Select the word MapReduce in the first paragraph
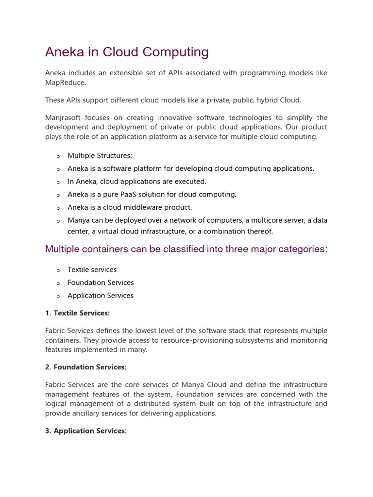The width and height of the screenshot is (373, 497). coord(65,83)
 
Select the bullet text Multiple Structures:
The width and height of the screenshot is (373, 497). coord(100,156)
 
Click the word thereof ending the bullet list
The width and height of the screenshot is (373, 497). coord(260,231)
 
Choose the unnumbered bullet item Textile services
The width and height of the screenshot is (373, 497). coord(92,270)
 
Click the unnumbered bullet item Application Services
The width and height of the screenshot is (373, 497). coord(101,296)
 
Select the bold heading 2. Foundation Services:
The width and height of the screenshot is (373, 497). coord(85,367)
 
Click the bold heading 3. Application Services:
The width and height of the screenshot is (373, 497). coord(86,431)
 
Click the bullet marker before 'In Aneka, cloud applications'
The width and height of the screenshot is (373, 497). coord(58,182)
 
